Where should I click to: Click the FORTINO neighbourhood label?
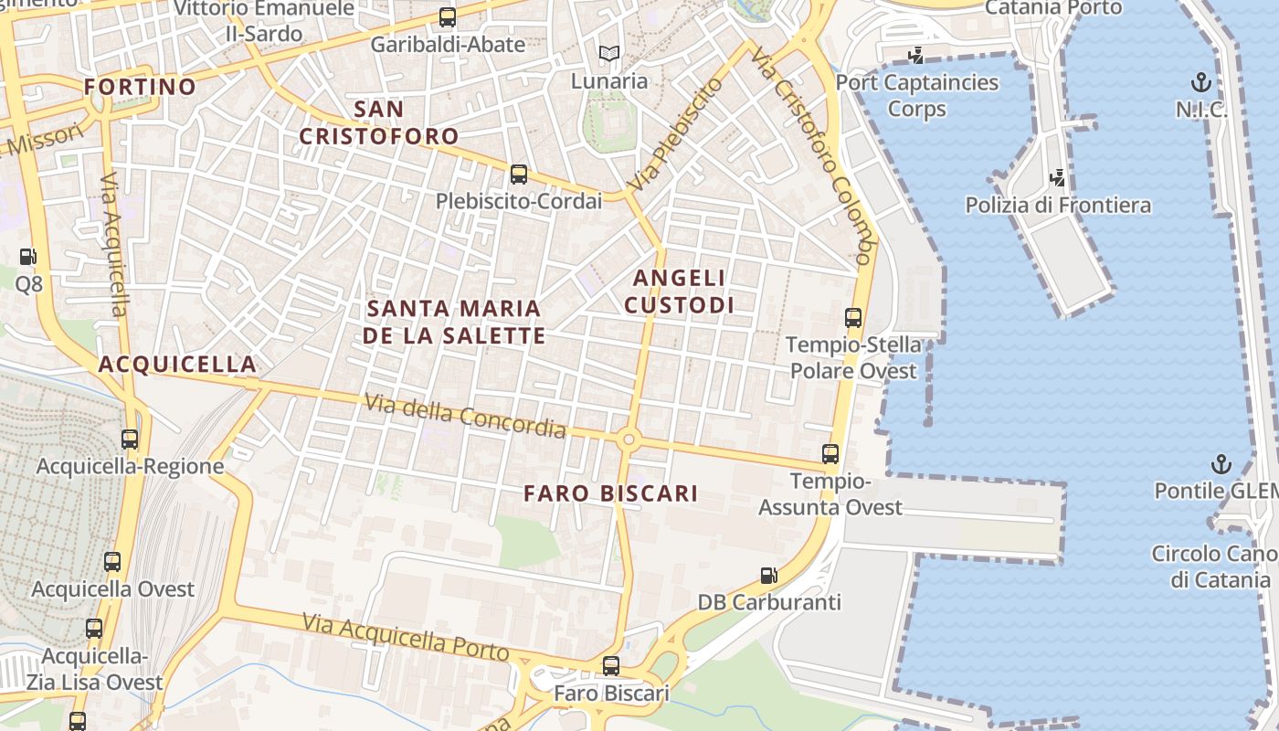point(140,87)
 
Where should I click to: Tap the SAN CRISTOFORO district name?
point(379,123)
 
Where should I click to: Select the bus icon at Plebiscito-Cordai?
point(519,174)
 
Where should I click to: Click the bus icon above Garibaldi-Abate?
point(448,16)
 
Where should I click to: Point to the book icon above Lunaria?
point(609,53)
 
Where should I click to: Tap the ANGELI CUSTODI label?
point(679,291)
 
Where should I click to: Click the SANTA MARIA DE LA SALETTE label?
point(454,322)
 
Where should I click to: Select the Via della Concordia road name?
point(465,415)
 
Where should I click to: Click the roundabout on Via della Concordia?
point(629,440)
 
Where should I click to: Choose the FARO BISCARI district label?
point(610,493)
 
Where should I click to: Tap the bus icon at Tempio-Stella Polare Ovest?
point(853,318)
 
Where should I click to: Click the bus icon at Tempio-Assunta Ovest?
point(830,453)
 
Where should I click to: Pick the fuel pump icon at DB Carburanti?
point(769,576)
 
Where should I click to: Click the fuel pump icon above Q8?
point(29,257)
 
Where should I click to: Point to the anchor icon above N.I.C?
point(1201,83)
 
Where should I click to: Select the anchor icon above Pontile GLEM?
point(1221,464)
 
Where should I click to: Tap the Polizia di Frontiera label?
point(1058,205)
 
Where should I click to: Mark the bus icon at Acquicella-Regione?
point(130,439)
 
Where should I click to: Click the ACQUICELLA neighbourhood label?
point(177,364)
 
